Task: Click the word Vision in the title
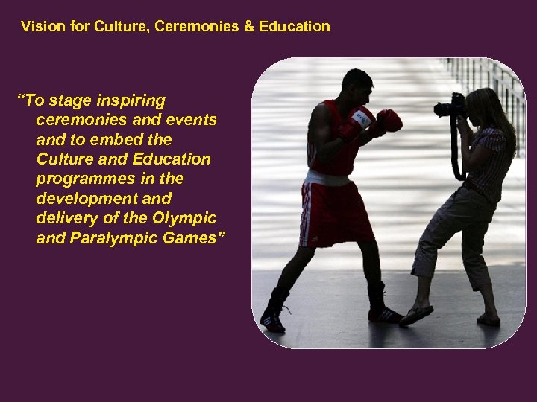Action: [40, 27]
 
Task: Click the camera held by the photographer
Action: [450, 106]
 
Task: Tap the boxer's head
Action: [356, 87]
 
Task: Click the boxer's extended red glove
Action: [389, 120]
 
